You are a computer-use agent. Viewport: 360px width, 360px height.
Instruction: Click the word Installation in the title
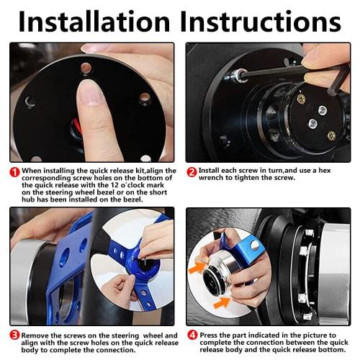pos(94,21)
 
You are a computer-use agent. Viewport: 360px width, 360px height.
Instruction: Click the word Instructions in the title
pos(261,21)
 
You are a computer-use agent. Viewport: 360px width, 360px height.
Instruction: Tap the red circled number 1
pos(15,172)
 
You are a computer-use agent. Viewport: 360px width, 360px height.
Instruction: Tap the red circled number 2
pos(192,172)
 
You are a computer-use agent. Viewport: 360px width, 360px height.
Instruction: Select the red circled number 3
pos(15,336)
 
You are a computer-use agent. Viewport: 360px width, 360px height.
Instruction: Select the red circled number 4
pos(192,335)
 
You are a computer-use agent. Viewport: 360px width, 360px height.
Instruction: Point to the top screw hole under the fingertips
pos(86,68)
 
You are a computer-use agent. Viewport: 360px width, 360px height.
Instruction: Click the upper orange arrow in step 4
pos(197,267)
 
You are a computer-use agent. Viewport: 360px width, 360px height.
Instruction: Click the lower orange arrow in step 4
pos(222,302)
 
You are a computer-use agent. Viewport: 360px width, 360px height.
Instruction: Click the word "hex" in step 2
pos(325,171)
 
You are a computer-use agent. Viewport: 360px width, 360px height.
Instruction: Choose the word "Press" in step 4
pos(209,335)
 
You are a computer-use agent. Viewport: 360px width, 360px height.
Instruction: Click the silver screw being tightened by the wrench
pos(241,74)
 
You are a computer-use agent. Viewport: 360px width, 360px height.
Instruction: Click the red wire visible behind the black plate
pos(76,122)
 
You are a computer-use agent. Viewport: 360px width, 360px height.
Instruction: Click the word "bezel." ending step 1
pos(131,199)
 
